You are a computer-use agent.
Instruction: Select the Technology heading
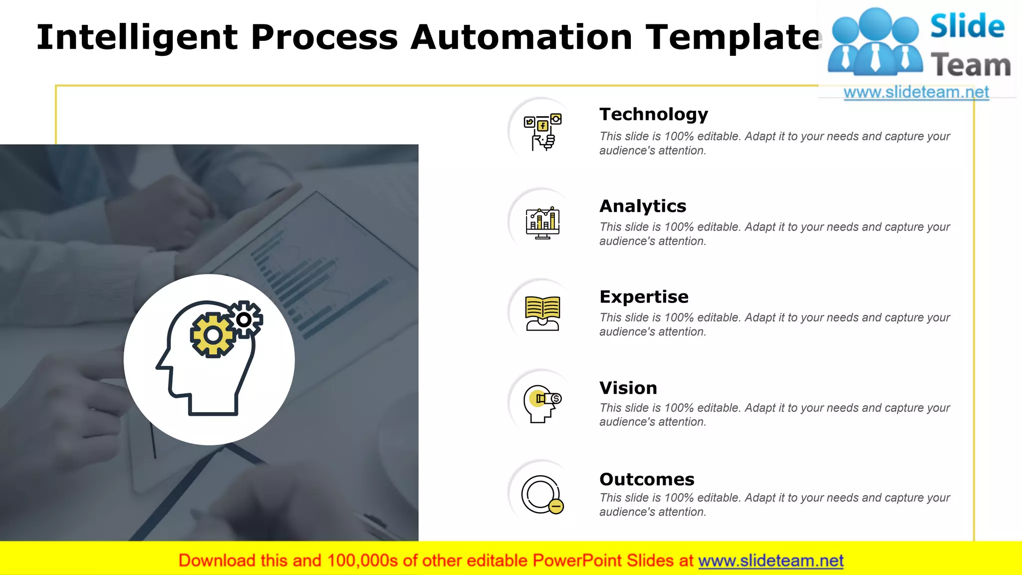click(653, 114)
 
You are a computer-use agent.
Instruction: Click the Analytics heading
click(643, 206)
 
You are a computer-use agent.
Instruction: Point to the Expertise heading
click(644, 297)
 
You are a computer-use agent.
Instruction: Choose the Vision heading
click(628, 388)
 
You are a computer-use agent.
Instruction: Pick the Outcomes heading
click(647, 479)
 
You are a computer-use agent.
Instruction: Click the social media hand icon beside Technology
click(542, 132)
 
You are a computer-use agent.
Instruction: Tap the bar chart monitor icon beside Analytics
click(542, 223)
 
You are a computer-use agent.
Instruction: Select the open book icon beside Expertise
click(542, 313)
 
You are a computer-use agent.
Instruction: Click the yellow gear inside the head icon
click(213, 335)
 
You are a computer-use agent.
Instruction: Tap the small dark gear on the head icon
click(245, 319)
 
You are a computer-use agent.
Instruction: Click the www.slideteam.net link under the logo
click(916, 92)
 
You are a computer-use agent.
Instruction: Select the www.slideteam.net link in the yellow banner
click(770, 561)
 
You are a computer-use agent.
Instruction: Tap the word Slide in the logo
click(967, 26)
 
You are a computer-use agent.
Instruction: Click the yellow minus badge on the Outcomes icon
click(556, 506)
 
